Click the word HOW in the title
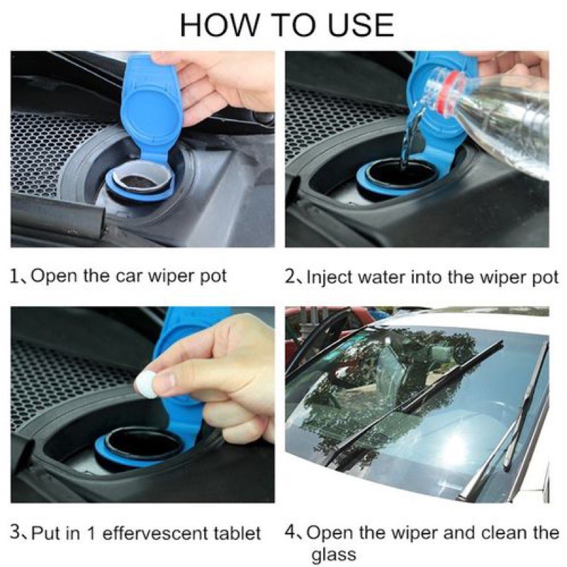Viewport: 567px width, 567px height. tap(220, 25)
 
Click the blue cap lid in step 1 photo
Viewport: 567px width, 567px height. tap(151, 109)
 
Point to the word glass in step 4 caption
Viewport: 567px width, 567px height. tap(333, 555)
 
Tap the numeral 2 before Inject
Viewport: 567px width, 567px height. tap(290, 277)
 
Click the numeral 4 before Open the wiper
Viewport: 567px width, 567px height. tap(291, 532)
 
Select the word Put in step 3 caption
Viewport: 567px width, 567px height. tap(46, 534)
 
